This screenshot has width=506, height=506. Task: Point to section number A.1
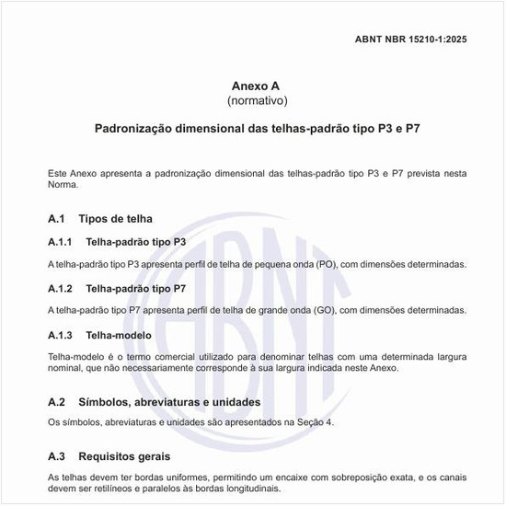coord(57,219)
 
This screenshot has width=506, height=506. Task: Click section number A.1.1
coord(60,242)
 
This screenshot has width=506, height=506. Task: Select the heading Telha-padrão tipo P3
coord(136,242)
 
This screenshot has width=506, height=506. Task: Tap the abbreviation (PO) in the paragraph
coord(327,265)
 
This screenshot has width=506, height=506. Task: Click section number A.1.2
coord(60,288)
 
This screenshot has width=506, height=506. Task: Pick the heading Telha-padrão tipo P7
coord(136,288)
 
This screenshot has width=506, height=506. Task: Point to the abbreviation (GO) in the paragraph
coord(326,311)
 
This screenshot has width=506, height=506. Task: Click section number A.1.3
coord(60,334)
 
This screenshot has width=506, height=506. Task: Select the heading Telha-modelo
coord(118,334)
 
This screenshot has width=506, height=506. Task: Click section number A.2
coord(57,402)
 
